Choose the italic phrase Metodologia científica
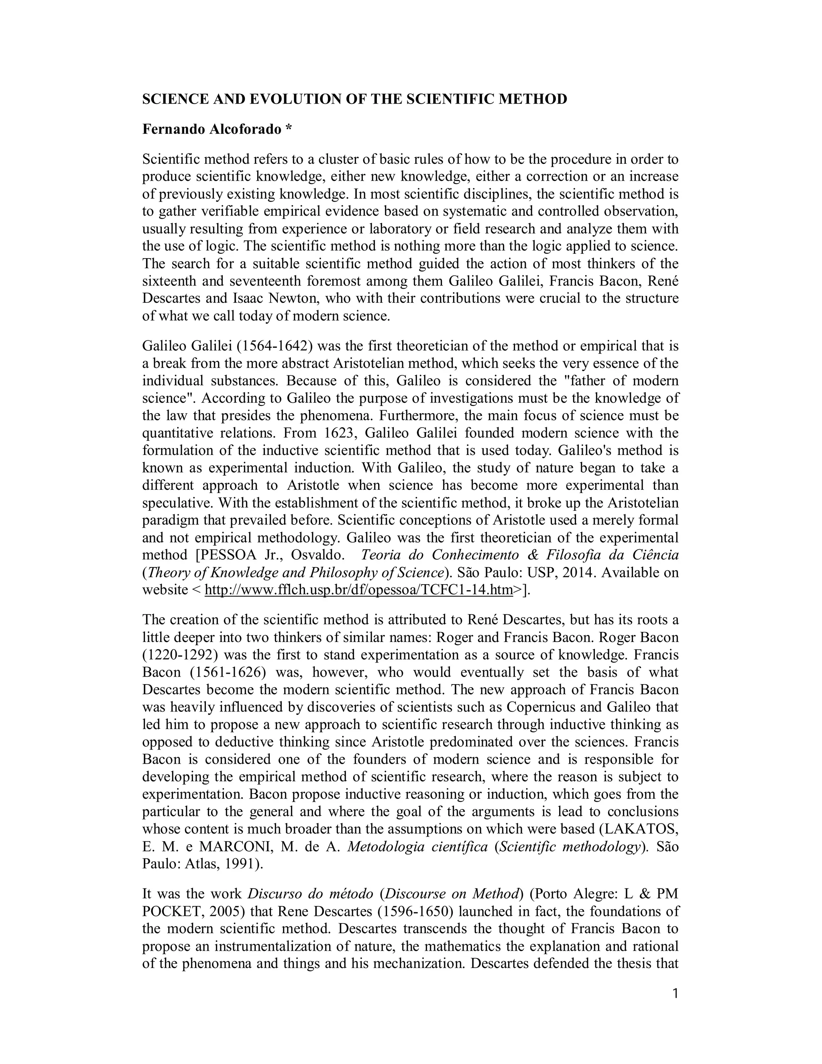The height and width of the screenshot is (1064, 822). [x=417, y=847]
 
